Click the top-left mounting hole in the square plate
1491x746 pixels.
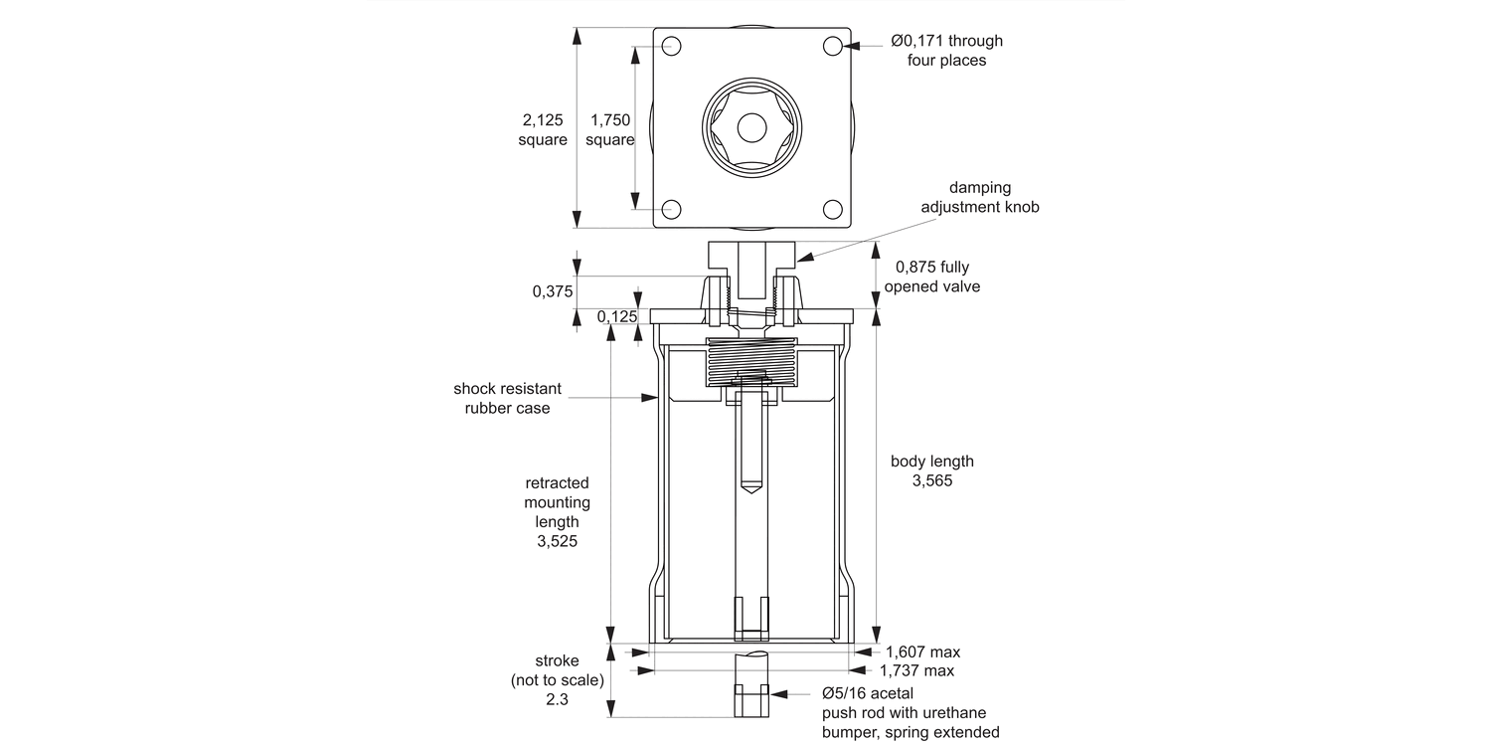point(671,46)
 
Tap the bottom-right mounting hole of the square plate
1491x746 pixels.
point(833,209)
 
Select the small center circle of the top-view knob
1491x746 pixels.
point(751,127)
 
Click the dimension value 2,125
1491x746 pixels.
point(543,120)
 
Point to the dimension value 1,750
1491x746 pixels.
point(609,120)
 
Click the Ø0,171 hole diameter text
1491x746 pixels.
point(946,41)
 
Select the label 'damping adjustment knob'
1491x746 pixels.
point(979,197)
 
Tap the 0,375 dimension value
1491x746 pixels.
point(553,291)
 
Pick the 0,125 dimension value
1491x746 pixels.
point(617,316)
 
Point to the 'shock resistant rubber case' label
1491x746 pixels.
point(507,398)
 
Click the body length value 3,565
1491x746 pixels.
point(931,481)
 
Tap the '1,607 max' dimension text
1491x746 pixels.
point(922,653)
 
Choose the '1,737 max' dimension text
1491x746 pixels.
point(916,671)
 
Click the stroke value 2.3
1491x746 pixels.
point(557,700)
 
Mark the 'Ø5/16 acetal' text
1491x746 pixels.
point(867,693)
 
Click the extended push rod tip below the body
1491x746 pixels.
point(751,700)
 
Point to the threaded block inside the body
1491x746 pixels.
point(751,363)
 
